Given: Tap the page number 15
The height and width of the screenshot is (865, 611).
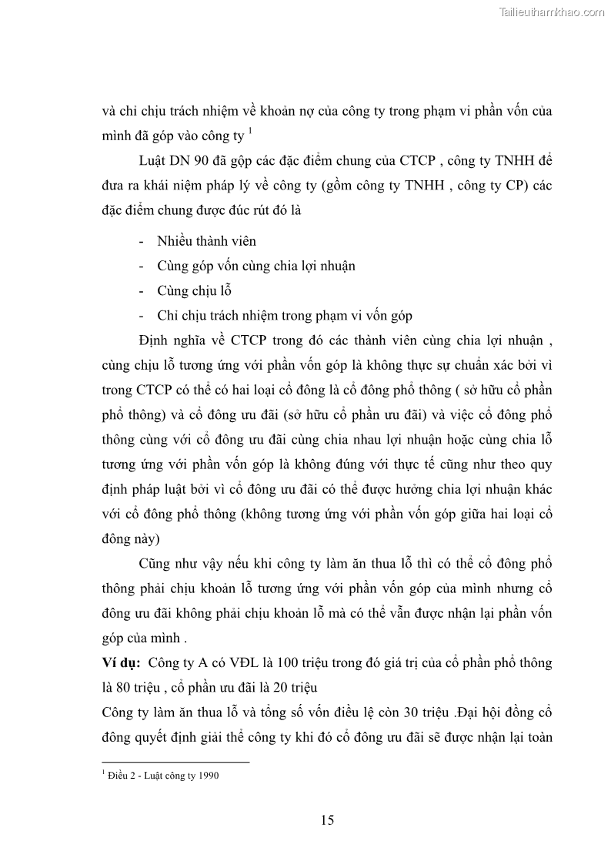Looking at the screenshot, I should (327, 820).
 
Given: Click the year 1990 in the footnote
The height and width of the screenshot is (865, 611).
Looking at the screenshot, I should (209, 776).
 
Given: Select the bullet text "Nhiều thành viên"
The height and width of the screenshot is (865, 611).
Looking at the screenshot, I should (206, 241).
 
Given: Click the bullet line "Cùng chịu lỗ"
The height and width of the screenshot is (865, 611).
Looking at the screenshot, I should (194, 290).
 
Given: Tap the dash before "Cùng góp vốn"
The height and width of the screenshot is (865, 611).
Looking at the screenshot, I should (141, 266).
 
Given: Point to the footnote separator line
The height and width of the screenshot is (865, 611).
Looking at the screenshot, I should (176, 762).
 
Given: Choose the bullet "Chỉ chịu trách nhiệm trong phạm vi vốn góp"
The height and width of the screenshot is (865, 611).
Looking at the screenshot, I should (285, 315).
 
